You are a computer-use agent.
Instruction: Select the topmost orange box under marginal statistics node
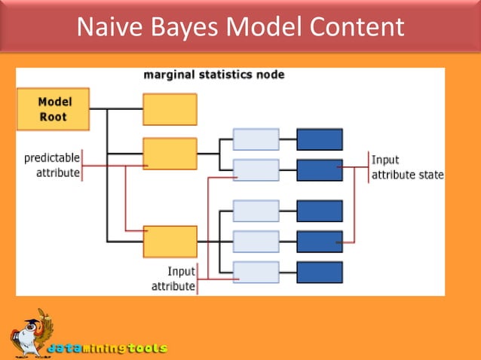pos(170,109)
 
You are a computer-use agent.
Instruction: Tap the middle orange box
pos(170,153)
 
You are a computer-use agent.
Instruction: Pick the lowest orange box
pos(170,241)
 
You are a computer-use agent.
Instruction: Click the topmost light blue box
pos(256,139)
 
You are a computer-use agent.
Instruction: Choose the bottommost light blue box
pos(256,272)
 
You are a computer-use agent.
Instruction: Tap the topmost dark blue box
pos(320,139)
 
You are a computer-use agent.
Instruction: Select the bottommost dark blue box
pos(320,272)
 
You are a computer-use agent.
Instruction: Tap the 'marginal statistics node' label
pos(214,75)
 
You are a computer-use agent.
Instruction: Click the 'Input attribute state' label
pos(406,167)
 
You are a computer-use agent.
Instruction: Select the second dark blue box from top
pos(320,170)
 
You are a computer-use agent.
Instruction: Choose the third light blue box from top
pos(256,211)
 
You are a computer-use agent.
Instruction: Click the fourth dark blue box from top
pos(320,241)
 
